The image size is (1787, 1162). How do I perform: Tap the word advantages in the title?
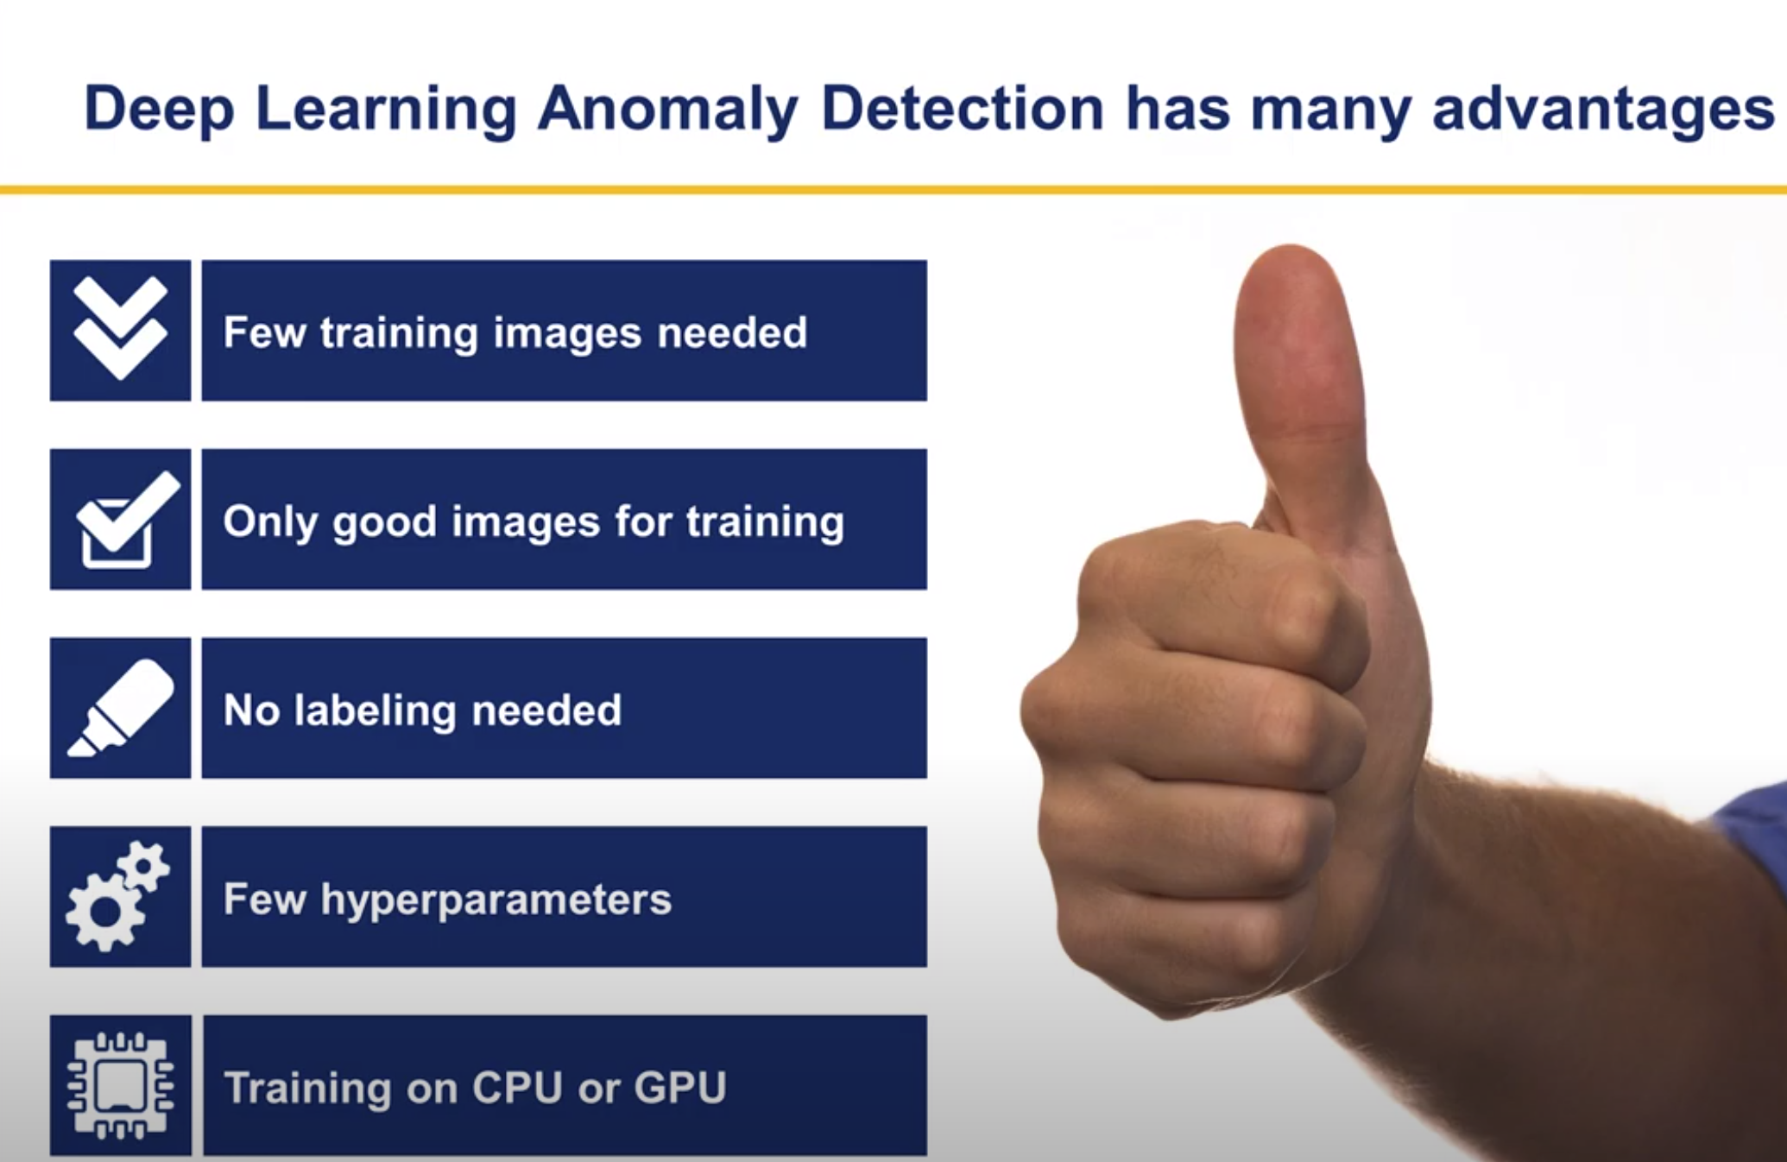point(1603,109)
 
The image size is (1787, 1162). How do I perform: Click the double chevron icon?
point(120,330)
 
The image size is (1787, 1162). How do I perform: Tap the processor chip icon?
point(121,1085)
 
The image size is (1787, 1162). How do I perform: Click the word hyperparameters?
point(496,900)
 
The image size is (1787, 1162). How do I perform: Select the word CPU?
point(517,1087)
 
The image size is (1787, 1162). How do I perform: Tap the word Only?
point(270,522)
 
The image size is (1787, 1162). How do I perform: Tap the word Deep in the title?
point(159,111)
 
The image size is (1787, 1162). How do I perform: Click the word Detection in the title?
point(962,109)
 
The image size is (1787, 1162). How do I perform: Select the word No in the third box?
point(251,710)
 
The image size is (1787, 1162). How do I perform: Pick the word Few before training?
point(264,333)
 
